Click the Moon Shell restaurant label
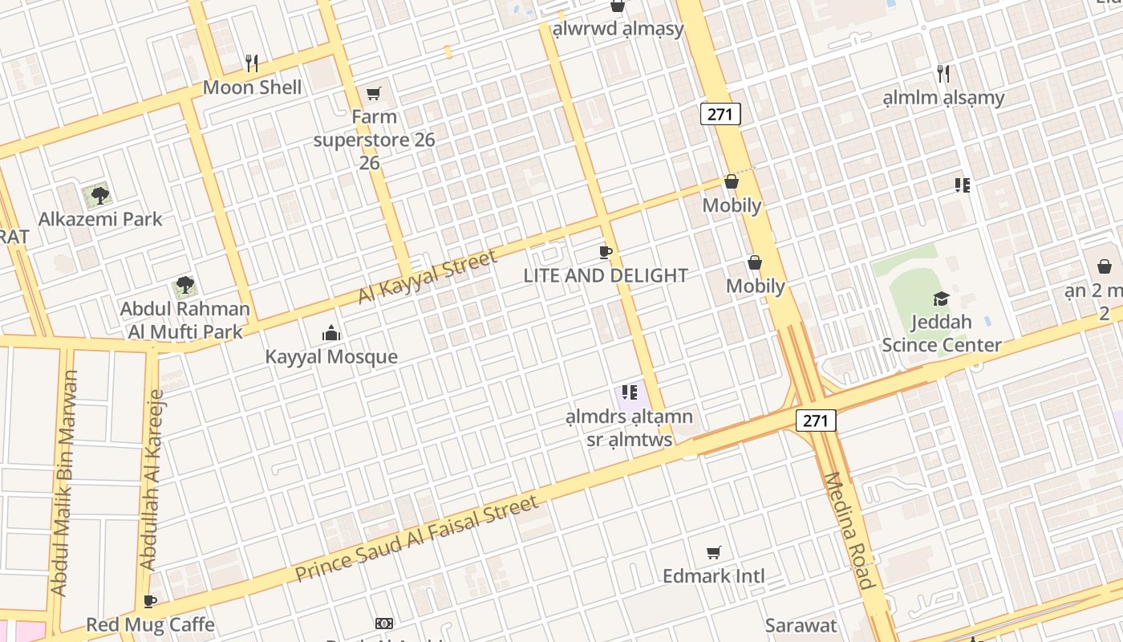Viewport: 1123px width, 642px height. tap(252, 87)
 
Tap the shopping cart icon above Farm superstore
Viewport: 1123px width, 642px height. tap(373, 94)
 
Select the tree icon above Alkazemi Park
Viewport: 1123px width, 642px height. tap(99, 195)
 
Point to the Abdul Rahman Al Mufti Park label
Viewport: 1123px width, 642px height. tap(184, 319)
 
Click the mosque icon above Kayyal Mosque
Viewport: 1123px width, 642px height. tap(330, 332)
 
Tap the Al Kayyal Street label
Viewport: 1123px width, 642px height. tap(428, 276)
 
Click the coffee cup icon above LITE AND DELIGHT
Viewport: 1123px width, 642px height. tap(606, 253)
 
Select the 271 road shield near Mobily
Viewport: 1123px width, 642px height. tap(720, 114)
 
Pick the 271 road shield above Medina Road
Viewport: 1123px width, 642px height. tap(815, 420)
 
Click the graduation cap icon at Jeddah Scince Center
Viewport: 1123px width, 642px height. tap(941, 299)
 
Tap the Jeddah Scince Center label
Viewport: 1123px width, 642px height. tap(941, 334)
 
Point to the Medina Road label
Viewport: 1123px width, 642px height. tap(848, 530)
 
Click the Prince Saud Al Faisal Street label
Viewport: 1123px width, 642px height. tap(416, 538)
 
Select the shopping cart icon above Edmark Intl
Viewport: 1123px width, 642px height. tap(713, 552)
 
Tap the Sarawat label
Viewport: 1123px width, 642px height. tap(801, 625)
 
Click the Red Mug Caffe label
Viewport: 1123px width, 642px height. tap(150, 624)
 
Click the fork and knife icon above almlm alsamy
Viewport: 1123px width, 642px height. tap(943, 74)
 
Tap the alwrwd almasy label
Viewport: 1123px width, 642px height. tap(618, 29)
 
